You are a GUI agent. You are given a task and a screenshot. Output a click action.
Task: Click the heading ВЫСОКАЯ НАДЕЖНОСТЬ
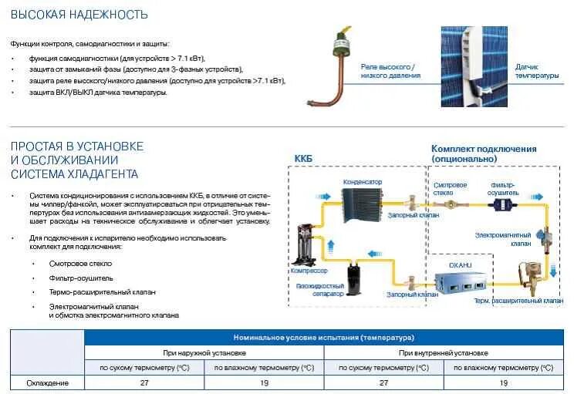click(x=69, y=15)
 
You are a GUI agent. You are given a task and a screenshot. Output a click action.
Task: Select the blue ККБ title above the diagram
click(x=304, y=159)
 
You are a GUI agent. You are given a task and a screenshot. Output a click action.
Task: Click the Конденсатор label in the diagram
click(x=363, y=182)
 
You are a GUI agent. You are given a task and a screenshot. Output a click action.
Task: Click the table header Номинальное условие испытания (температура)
click(x=323, y=338)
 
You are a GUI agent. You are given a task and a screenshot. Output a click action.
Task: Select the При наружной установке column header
click(x=204, y=352)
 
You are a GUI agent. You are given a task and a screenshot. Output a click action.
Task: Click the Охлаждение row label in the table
click(x=48, y=382)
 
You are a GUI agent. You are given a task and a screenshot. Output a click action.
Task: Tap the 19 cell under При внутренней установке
click(x=503, y=382)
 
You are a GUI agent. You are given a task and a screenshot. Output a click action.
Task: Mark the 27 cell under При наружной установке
click(x=144, y=382)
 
